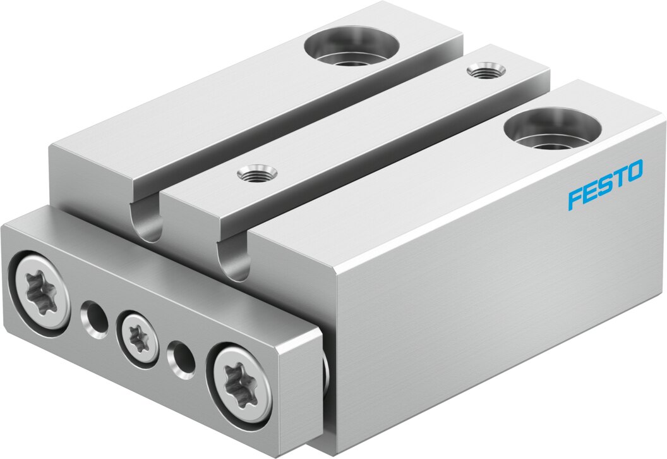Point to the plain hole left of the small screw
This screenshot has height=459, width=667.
point(94,319)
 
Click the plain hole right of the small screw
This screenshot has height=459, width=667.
point(182,360)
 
